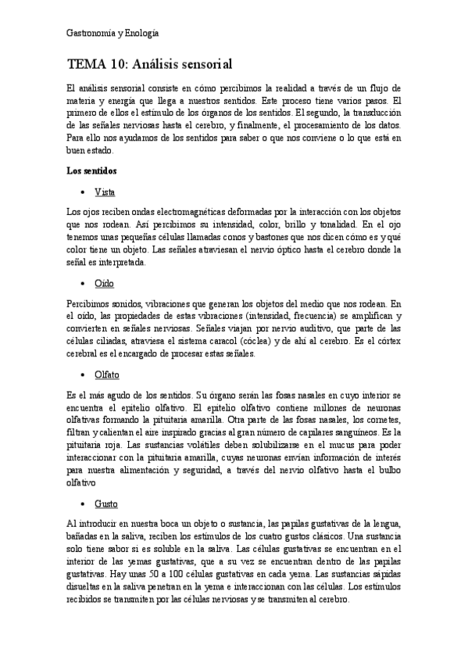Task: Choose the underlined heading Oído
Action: (104, 282)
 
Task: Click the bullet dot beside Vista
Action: (82, 192)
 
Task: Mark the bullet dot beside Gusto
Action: (82, 504)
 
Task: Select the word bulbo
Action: (389, 471)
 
